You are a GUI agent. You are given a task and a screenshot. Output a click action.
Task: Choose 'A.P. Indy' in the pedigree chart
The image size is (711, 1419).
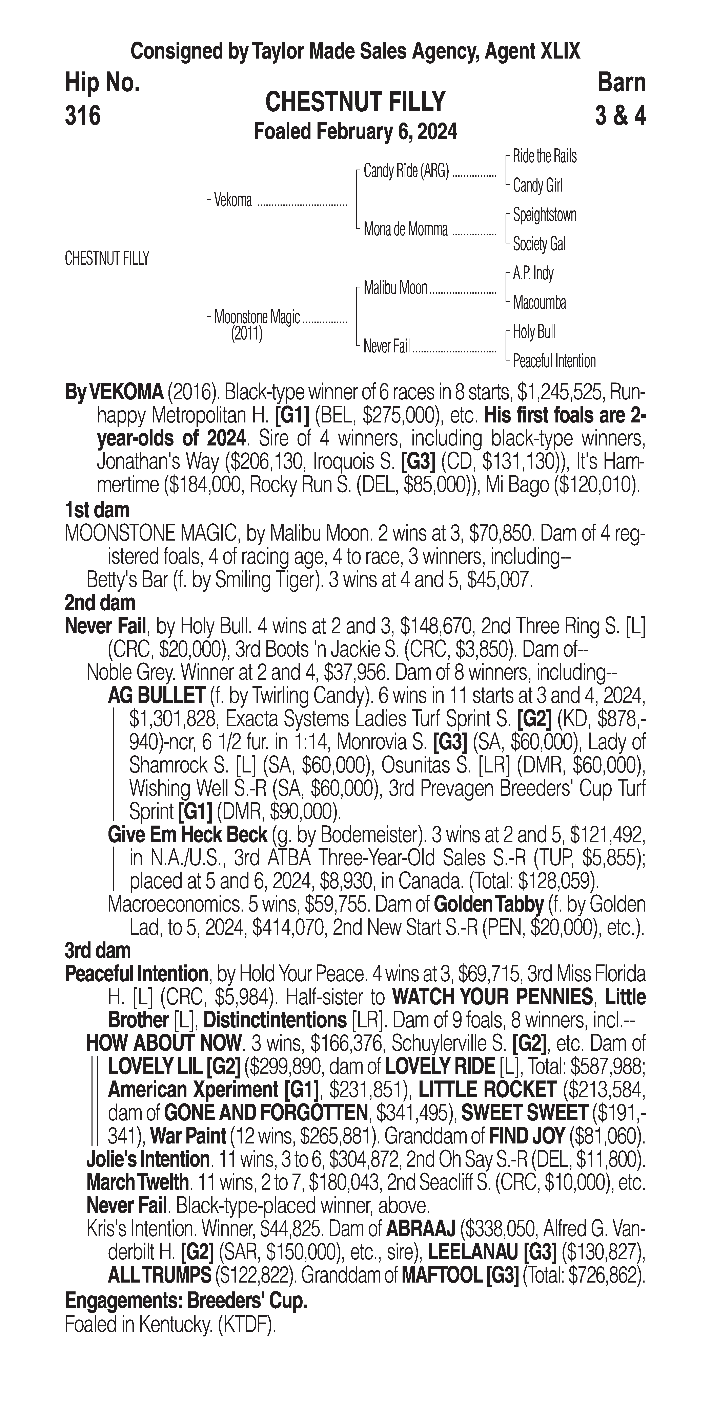pyautogui.click(x=533, y=273)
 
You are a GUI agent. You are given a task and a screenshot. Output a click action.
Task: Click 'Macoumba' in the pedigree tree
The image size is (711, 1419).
pyautogui.click(x=539, y=302)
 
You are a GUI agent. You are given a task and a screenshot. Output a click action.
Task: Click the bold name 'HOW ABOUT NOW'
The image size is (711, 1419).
pyautogui.click(x=164, y=1043)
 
